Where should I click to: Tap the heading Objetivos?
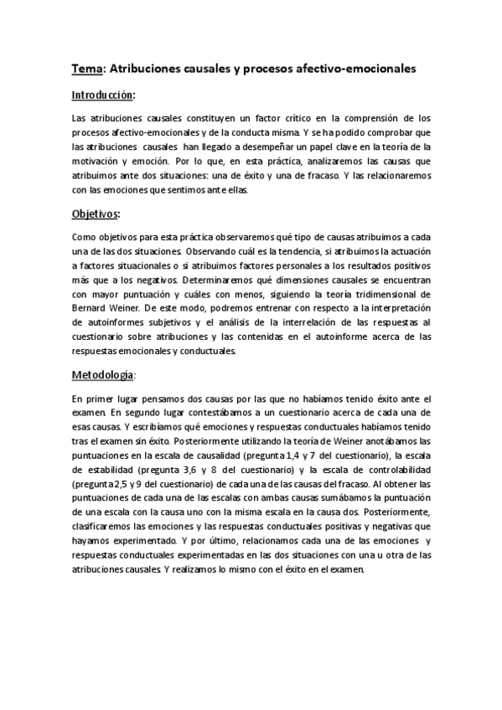coord(95,214)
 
